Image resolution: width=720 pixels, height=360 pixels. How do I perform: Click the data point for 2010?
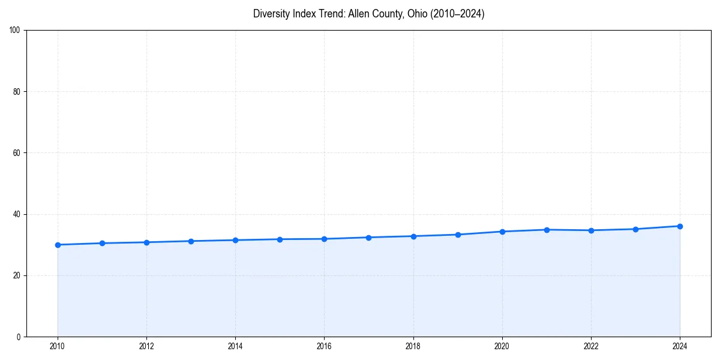58,245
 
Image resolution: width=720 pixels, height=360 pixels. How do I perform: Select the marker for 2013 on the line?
191,241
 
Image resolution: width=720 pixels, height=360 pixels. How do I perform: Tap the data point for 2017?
368,238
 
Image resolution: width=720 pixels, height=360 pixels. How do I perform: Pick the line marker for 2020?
502,232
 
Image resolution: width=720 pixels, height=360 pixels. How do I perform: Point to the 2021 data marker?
547,230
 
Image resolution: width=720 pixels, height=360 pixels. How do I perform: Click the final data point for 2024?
680,226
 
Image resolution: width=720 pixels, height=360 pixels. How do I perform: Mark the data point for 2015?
280,239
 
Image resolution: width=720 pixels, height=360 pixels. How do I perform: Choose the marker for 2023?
635,229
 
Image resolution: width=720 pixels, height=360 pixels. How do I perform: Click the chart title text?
368,14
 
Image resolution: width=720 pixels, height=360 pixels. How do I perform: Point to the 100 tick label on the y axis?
15,31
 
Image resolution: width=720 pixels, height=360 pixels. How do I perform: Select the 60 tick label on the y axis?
17,153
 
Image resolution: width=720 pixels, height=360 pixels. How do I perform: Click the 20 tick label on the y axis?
17,275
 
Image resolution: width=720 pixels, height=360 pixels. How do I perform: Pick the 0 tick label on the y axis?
19,337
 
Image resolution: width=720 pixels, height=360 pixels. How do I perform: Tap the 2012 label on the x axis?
146,346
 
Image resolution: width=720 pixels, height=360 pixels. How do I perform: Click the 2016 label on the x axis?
324,346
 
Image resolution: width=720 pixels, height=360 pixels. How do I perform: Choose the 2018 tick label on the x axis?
413,346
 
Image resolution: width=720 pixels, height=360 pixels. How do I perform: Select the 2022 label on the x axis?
591,346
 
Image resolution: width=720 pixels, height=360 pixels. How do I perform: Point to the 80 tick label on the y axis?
17,92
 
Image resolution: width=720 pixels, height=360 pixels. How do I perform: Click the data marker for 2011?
102,243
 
